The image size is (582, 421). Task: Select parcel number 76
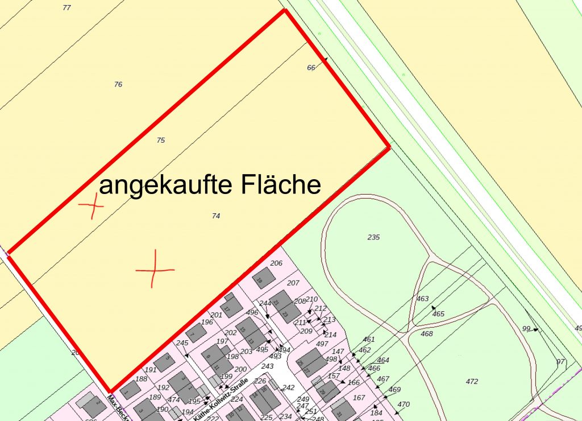tap(118, 84)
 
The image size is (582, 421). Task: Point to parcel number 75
tap(161, 140)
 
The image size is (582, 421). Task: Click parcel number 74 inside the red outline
tap(215, 216)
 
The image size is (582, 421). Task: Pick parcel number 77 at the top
tap(67, 7)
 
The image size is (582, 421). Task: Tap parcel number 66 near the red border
tap(311, 68)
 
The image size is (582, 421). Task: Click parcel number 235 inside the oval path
tap(373, 237)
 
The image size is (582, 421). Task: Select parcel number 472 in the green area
tap(472, 381)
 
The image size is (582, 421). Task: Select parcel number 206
tap(276, 263)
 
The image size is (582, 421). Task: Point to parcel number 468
tap(426, 334)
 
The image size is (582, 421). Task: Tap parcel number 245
tap(182, 342)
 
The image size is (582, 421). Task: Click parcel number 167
tap(359, 398)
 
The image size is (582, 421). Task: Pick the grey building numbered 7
tap(196, 332)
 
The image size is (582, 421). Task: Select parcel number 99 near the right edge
tap(526, 329)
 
